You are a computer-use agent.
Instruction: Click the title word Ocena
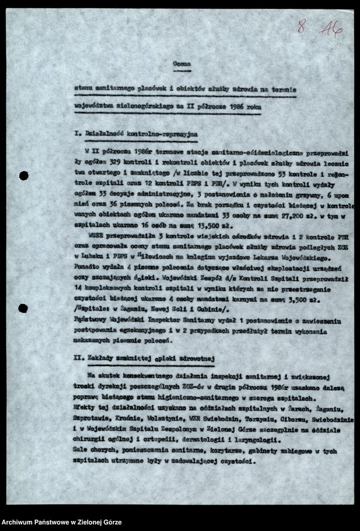pos(181,64)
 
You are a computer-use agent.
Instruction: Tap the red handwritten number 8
pos(301,27)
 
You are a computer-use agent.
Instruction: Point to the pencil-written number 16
pos(330,28)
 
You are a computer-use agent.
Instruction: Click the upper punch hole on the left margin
pos(23,176)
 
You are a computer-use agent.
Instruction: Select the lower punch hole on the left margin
pos(23,308)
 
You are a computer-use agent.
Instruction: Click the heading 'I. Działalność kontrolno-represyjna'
pos(136,135)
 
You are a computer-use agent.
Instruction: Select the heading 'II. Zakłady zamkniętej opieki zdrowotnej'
pos(145,359)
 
